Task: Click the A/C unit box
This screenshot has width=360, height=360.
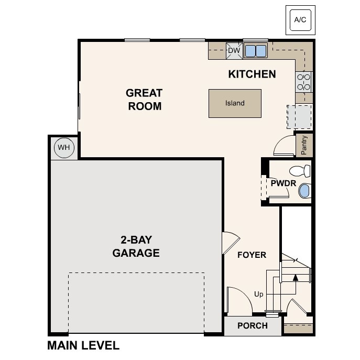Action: coord(300,20)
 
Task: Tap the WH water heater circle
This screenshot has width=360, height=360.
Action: coord(64,147)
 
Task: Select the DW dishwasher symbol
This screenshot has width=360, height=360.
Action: coord(234,51)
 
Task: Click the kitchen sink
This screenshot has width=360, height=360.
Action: coord(255,51)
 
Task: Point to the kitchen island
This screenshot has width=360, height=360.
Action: coord(235,103)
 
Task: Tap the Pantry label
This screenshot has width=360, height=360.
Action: coord(304,145)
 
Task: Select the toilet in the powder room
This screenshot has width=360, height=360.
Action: coord(300,171)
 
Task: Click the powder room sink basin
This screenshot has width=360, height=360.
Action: coord(304,191)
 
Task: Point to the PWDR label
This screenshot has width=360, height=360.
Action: coord(283,183)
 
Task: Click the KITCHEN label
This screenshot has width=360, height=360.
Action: coord(252,74)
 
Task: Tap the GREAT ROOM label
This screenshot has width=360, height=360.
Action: coord(144,100)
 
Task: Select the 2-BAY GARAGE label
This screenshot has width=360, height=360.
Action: coord(136,247)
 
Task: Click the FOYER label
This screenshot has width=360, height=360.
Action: coord(252,255)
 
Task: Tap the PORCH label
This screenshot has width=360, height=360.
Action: coord(253,325)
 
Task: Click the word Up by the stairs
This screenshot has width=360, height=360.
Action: coord(259,294)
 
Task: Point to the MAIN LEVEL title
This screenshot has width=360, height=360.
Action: coord(83,346)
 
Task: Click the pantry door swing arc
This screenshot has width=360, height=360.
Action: coord(285,143)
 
